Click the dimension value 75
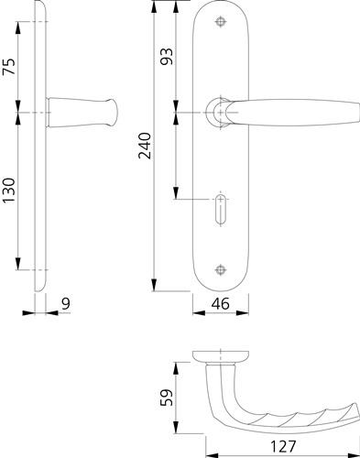pos(9,66)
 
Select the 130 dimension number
pos(9,191)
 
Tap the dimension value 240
pos(145,146)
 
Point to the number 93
pos(167,56)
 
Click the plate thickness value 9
pos(66,303)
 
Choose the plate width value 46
pos(220,303)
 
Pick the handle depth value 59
pos(167,398)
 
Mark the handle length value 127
pos(283,446)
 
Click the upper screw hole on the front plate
pos(220,22)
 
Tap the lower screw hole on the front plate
pos(220,270)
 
